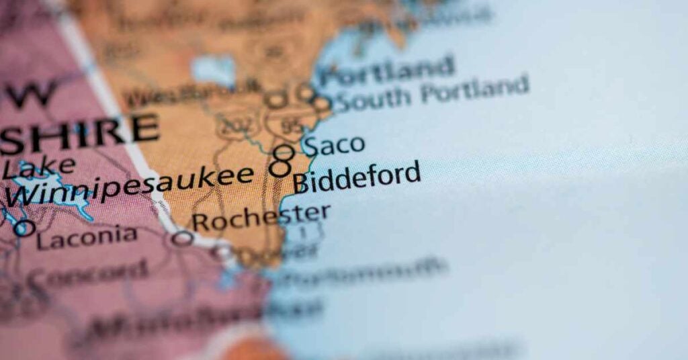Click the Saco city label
click(333, 145)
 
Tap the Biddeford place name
click(357, 177)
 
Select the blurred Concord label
click(87, 273)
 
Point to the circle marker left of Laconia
click(24, 228)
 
